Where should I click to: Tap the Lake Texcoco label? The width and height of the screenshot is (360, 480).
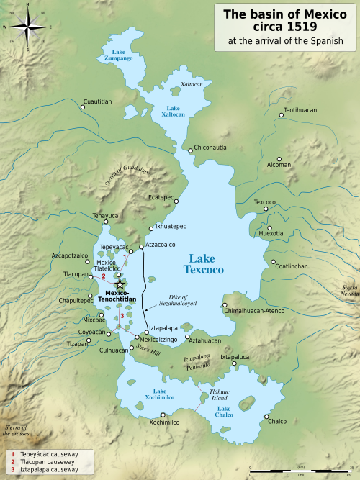(x=207, y=263)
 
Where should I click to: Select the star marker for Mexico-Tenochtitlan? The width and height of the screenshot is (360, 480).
(x=120, y=286)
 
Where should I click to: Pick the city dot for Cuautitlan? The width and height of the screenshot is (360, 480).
(x=83, y=107)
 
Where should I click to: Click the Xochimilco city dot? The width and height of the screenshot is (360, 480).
(x=163, y=415)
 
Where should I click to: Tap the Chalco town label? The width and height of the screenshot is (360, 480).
(x=277, y=421)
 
